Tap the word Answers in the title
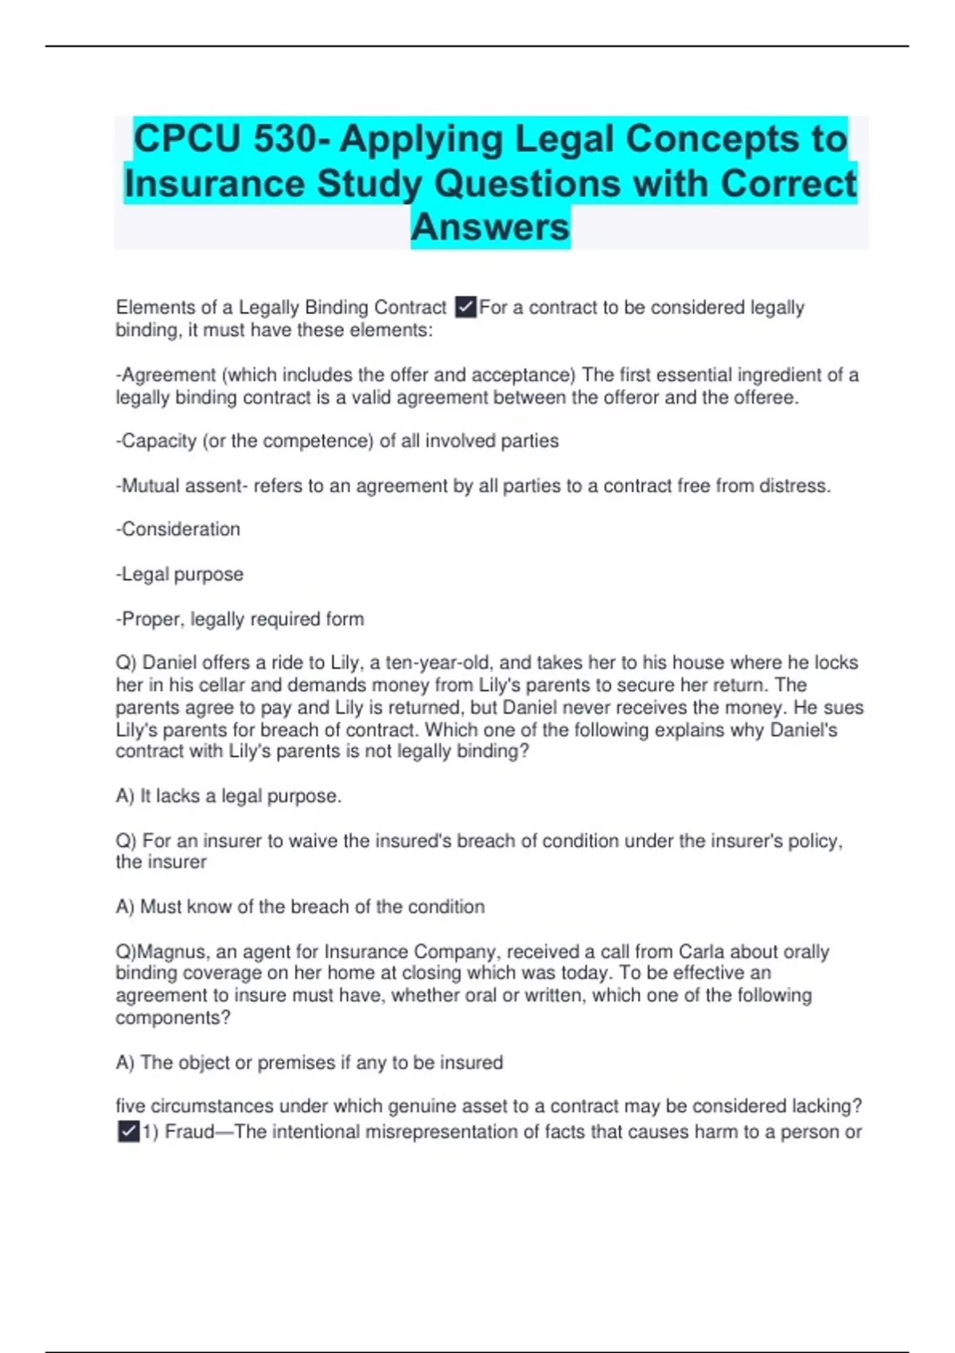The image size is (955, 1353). pos(490,227)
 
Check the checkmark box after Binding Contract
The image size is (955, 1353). pos(466,307)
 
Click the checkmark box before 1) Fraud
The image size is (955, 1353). pos(128,1132)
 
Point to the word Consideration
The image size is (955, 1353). pos(181,529)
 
